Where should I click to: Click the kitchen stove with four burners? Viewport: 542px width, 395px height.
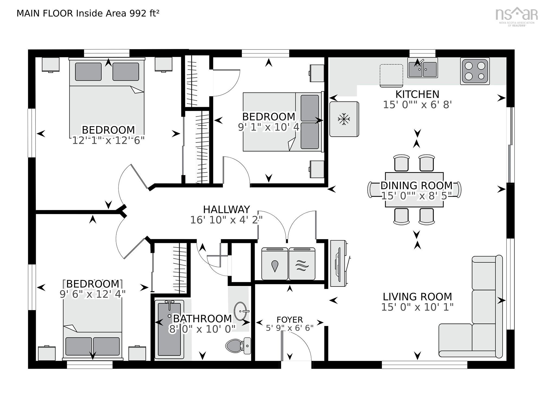pyautogui.click(x=475, y=71)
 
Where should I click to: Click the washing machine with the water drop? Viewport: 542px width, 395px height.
pyautogui.click(x=275, y=264)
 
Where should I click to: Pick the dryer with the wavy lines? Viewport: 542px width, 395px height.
pyautogui.click(x=302, y=264)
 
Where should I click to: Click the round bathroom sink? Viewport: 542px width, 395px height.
pyautogui.click(x=241, y=311)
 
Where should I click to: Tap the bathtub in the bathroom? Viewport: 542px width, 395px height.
pyautogui.click(x=169, y=329)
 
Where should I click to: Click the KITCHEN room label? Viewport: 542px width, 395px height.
pyautogui.click(x=417, y=94)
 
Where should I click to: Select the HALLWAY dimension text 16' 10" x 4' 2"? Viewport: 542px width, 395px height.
pyautogui.click(x=226, y=220)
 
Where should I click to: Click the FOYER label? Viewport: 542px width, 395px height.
pyautogui.click(x=289, y=320)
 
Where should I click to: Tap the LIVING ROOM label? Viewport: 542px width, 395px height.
pyautogui.click(x=417, y=297)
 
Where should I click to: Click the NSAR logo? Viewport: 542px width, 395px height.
pyautogui.click(x=516, y=15)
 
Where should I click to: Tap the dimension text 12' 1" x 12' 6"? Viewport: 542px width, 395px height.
pyautogui.click(x=108, y=140)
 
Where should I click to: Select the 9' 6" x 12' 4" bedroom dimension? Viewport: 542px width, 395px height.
pyautogui.click(x=92, y=294)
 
